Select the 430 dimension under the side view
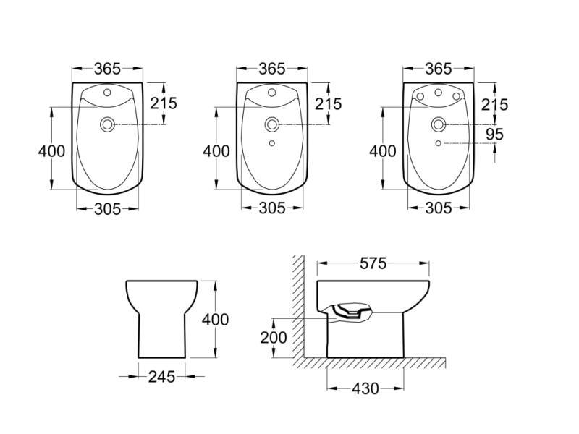pos(365,388)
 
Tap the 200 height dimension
pos(274,337)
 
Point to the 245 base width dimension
pos(161,376)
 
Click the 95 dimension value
pos(494,135)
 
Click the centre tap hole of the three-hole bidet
pos(438,93)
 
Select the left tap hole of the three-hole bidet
pos(420,97)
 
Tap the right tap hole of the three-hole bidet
pos(456,97)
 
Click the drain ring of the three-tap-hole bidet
pos(438,124)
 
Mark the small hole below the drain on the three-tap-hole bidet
pos(438,143)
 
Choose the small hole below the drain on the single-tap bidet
pos(272,143)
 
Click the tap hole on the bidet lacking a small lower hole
pos(107,93)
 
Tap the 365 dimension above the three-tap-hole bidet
pos(438,69)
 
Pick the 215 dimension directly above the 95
pos(494,104)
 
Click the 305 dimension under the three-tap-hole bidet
pos(438,208)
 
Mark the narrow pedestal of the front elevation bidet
pos(161,336)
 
